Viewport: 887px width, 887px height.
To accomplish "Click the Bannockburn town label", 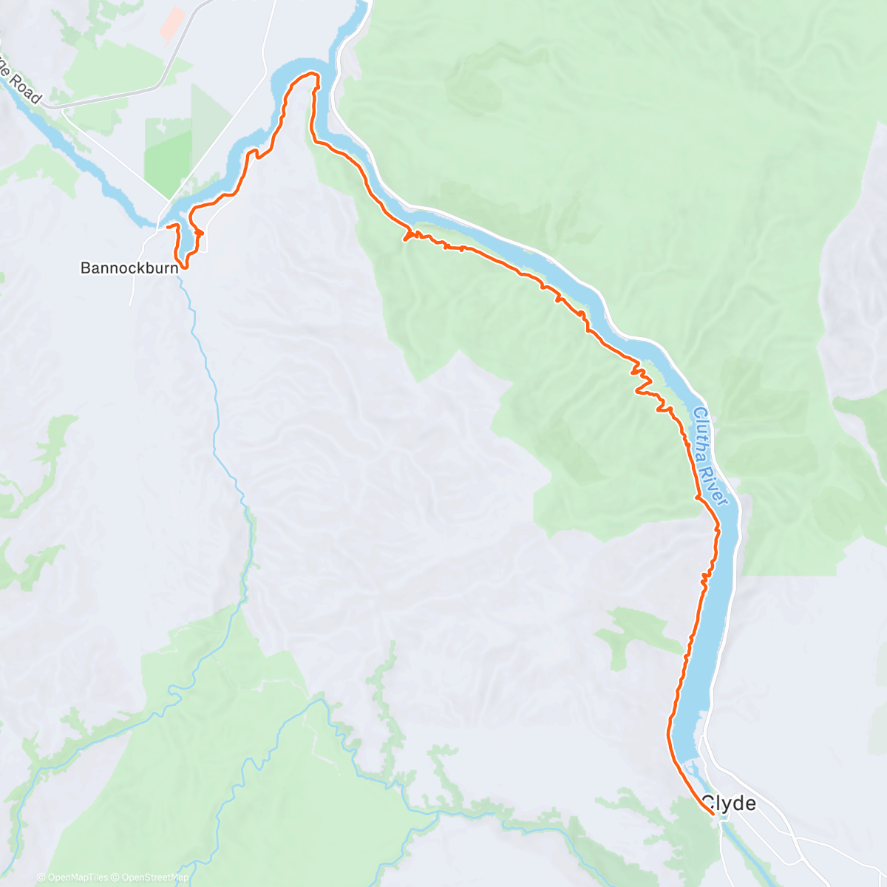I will (x=129, y=268).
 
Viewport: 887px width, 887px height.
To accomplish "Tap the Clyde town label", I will (x=729, y=803).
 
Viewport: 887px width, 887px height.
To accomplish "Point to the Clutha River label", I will (x=711, y=458).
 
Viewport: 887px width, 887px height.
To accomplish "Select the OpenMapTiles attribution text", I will (x=77, y=877).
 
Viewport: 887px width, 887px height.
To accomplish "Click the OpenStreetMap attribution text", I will (x=155, y=877).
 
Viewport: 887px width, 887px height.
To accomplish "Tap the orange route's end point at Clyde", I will (x=712, y=813).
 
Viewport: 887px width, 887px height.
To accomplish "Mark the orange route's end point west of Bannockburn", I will (x=166, y=225).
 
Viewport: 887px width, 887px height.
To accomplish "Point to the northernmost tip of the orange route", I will (x=310, y=73).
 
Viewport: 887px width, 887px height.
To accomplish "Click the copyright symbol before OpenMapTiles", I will (x=41, y=877).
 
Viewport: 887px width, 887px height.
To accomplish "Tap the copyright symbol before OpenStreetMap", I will (x=116, y=877).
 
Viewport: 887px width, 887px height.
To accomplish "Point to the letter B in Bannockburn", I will (x=85, y=268).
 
